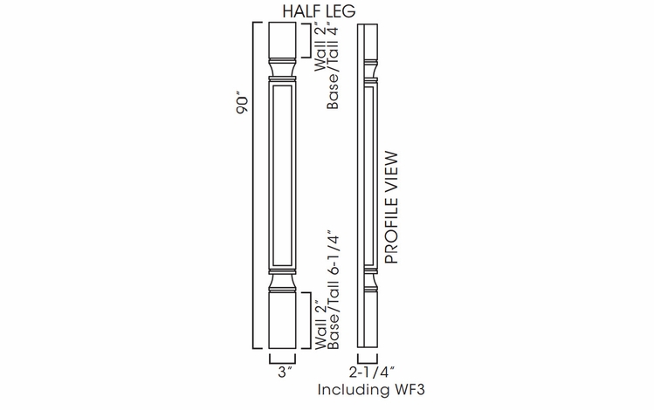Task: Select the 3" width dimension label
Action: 284,371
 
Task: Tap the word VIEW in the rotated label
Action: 390,174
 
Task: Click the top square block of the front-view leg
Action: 284,39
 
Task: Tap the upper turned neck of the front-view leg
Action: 284,70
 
